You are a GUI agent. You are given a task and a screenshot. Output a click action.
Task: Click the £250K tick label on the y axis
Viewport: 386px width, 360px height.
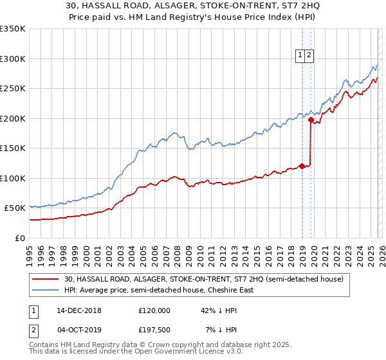coord(13,88)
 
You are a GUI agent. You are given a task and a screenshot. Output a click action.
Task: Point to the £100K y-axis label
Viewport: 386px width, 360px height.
coord(13,178)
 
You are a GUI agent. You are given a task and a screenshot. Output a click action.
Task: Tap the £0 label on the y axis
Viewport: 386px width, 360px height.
coord(19,238)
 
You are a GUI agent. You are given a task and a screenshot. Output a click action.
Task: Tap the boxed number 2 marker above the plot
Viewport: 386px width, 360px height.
coord(309,56)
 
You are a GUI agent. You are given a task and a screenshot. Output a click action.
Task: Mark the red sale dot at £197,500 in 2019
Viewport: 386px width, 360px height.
coord(311,120)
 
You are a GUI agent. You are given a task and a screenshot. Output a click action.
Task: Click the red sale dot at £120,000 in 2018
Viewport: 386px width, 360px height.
coord(302,166)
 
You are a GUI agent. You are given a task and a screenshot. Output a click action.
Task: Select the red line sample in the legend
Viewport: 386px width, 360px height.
coord(46,279)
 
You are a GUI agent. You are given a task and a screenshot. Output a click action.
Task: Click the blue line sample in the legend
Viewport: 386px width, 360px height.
coord(46,290)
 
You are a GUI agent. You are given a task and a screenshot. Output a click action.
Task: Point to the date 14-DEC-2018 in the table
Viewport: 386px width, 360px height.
coord(79,310)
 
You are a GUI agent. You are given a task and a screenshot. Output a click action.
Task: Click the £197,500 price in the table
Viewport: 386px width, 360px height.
coord(154,329)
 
